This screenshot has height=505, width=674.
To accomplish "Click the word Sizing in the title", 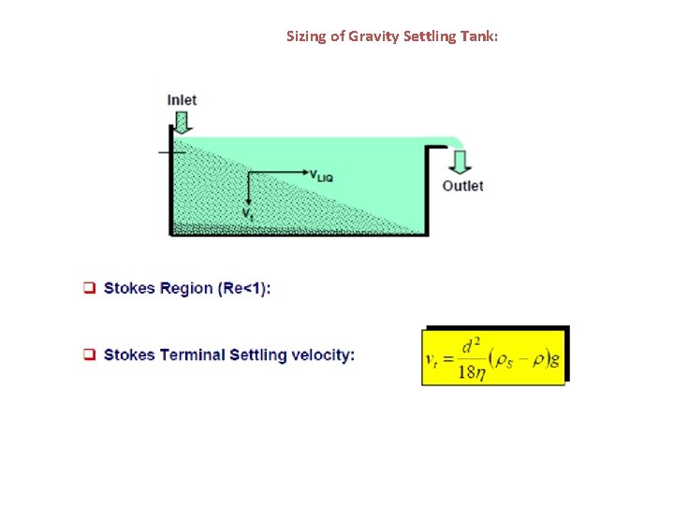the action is point(304,36).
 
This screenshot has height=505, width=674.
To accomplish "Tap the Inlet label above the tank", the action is point(182,99).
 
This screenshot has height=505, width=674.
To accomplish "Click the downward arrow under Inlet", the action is point(182,122).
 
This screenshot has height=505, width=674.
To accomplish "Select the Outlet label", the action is point(462,186).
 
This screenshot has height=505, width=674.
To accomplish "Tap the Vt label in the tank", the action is point(247,215).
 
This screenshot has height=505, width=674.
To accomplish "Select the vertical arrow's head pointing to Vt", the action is point(248,201).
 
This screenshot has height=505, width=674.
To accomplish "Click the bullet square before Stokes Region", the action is point(90,288).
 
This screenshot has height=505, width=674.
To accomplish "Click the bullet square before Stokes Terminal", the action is point(90,355).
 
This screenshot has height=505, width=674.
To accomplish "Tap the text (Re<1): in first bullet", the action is point(244,288).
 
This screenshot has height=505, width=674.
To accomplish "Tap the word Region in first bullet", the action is point(187,288).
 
